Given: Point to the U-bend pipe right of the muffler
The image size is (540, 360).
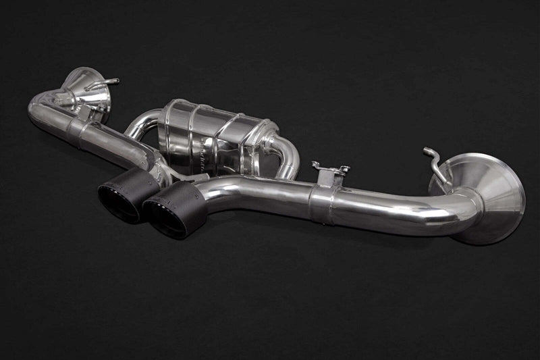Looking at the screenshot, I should [x=287, y=155].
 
